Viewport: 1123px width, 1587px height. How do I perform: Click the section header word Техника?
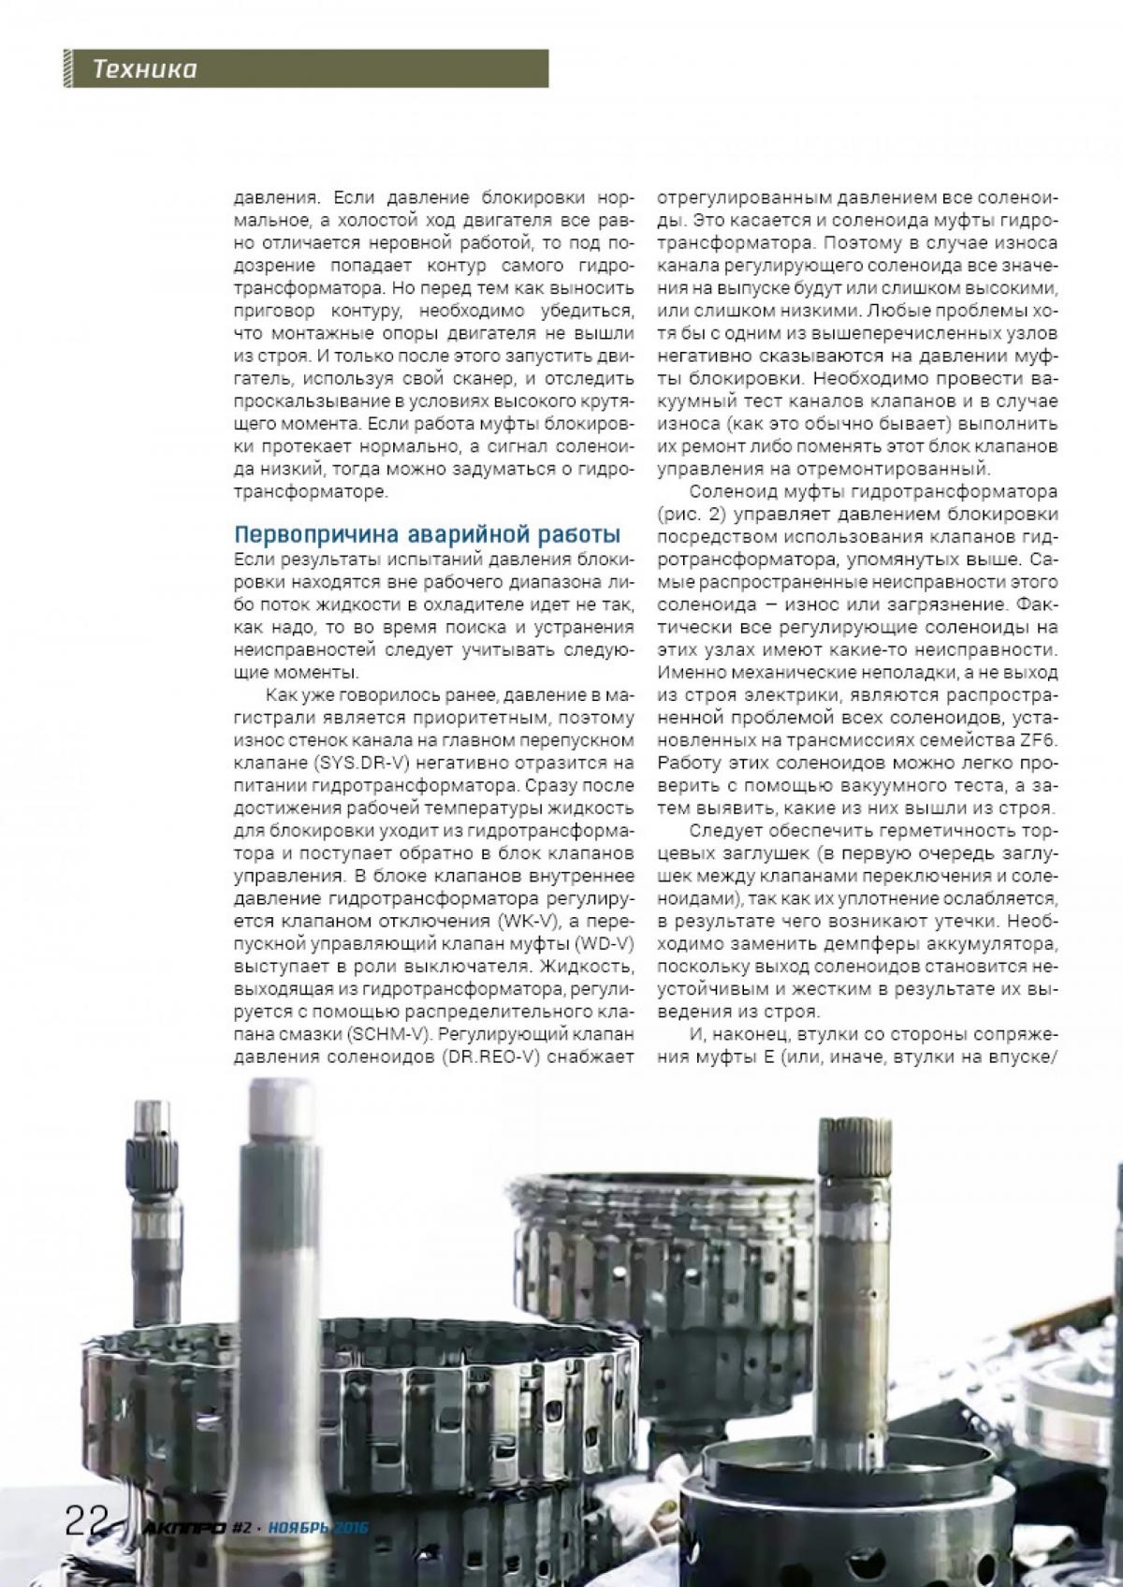(x=144, y=69)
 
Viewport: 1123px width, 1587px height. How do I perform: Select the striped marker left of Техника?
(x=68, y=69)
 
